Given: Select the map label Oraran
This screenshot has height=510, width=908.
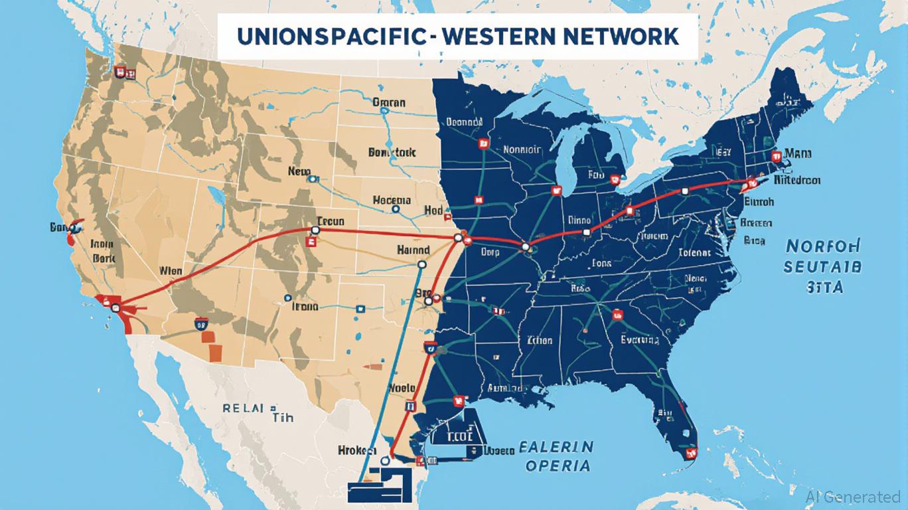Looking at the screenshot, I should [389, 103].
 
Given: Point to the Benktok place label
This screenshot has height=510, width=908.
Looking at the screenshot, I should [392, 152].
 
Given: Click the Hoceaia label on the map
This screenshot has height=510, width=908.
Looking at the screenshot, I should [392, 200].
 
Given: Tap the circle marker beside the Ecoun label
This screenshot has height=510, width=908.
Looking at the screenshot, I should [315, 230].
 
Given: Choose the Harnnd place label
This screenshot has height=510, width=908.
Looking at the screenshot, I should [413, 250].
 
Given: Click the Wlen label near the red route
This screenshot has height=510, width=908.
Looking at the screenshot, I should [171, 271].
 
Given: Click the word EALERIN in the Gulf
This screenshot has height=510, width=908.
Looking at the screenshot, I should [556, 446].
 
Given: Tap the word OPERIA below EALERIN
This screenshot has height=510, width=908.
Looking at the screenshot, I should [557, 466].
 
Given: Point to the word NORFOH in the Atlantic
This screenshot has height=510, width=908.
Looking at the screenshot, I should [823, 246].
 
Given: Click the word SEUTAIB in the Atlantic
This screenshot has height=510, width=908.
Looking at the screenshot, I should [822, 267].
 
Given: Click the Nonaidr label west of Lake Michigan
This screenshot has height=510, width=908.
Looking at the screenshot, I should [523, 149].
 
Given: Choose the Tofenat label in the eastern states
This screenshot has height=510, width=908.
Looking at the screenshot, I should [695, 252].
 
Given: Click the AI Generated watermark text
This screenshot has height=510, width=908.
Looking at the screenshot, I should [854, 497].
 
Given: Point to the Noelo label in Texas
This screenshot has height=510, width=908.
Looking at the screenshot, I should [402, 388].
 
